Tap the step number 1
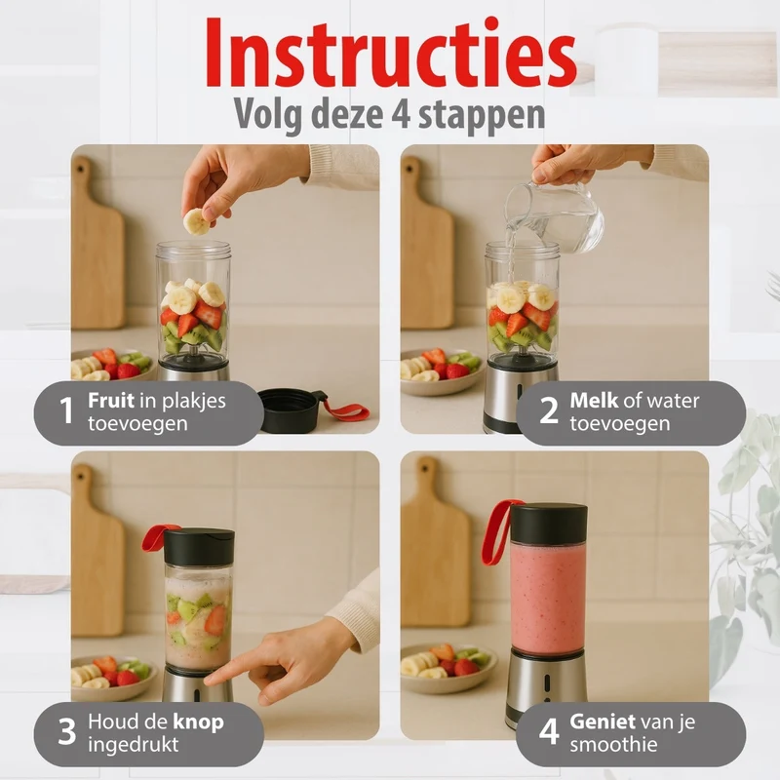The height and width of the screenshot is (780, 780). [x=65, y=410]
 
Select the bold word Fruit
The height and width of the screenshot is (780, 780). [x=111, y=400]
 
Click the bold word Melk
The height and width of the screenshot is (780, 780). [x=594, y=400]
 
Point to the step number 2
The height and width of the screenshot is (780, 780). [x=549, y=410]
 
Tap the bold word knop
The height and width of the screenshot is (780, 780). [x=199, y=722]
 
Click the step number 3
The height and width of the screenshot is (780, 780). [x=66, y=732]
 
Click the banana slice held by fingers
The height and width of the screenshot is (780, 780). [x=197, y=222]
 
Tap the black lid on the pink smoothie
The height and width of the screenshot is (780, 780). [x=549, y=524]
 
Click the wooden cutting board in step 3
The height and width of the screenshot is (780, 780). [x=97, y=550]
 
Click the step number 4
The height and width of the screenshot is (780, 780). [x=549, y=732]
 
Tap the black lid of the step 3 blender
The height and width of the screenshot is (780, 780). [x=199, y=547]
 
